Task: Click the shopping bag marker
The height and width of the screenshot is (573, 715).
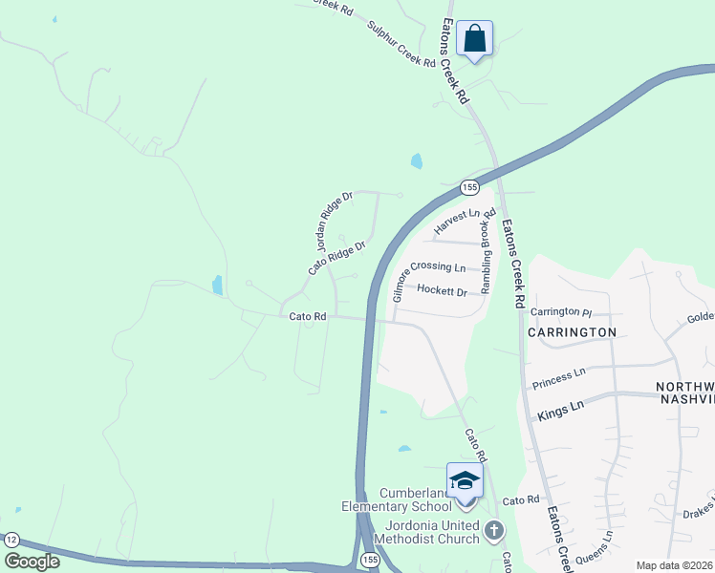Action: pos(474,40)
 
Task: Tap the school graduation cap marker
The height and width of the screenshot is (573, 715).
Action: pos(465,480)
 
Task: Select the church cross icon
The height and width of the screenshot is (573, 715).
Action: pos(493,530)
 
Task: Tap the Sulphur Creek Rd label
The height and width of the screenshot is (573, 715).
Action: pos(401,46)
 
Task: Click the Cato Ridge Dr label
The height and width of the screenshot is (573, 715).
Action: pos(337,259)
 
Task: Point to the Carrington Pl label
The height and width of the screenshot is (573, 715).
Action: pos(562,311)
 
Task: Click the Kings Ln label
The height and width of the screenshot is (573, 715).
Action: pos(560,410)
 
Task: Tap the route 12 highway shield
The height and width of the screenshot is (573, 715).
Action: pos(11,541)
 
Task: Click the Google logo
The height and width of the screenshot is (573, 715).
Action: pos(32,562)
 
